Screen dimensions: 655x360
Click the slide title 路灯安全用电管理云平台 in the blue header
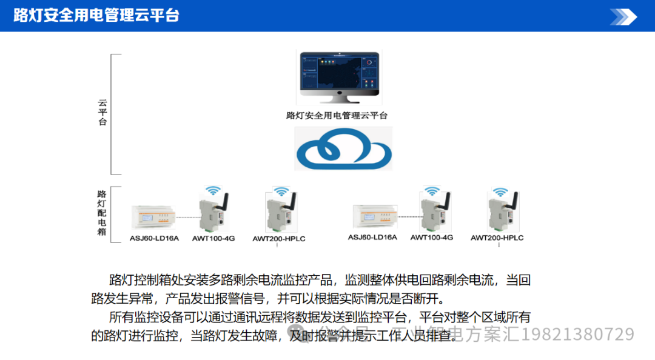(x=96, y=15)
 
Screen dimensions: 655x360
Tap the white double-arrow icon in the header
(x=623, y=16)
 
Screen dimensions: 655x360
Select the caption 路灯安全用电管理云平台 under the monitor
(x=337, y=115)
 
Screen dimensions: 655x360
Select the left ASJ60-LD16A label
(x=154, y=238)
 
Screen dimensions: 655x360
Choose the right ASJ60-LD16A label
(x=372, y=237)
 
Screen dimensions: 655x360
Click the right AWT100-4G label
(x=432, y=237)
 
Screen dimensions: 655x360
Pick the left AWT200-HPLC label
(x=279, y=239)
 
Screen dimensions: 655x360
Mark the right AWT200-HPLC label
(x=497, y=238)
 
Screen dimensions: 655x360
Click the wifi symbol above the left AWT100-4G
(x=213, y=190)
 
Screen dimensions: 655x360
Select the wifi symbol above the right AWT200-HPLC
(x=499, y=193)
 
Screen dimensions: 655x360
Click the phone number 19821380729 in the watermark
(x=578, y=334)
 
